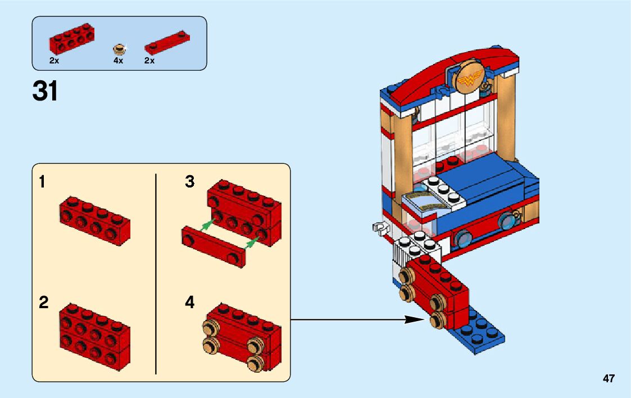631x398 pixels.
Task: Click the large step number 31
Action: [45, 92]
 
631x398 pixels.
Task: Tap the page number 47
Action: [609, 378]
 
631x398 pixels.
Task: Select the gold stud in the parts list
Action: [119, 48]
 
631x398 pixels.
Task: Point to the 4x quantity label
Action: [118, 61]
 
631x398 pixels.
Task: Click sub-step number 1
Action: [42, 182]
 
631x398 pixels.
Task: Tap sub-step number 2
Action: [43, 303]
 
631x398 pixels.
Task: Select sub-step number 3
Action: [190, 182]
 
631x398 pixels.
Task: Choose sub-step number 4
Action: [190, 303]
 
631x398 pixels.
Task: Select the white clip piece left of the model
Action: [379, 227]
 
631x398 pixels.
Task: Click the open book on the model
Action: [425, 201]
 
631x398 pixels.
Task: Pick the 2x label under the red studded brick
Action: [54, 61]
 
